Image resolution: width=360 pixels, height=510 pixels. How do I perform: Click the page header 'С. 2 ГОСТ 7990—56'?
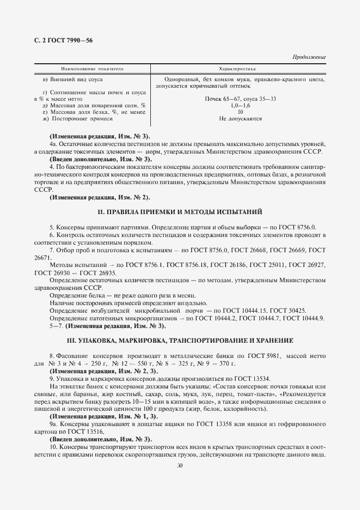pos(63,41)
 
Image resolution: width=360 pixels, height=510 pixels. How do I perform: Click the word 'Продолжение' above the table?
pos(309,57)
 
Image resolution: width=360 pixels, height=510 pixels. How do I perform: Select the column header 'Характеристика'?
pos(237,69)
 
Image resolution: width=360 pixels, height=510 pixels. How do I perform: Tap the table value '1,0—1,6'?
pos(240,105)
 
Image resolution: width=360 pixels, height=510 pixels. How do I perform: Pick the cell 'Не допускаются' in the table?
pos(240,118)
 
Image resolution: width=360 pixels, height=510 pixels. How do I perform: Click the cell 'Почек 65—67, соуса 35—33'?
pos(240,99)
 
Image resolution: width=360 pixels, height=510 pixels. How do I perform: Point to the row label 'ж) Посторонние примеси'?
pos(81,118)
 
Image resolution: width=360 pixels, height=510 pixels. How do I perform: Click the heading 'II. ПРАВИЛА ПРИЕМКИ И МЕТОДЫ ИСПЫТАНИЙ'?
pos(180,211)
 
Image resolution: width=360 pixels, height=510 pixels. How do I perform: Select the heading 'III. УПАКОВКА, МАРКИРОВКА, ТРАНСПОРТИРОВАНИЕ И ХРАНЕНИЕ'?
pos(180,341)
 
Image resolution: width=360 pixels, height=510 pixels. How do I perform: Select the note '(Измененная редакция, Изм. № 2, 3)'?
pos(96,371)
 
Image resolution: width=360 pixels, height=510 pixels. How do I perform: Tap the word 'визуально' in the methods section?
pos(191,302)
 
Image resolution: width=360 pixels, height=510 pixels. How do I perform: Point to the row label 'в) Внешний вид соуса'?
pos(78,79)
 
